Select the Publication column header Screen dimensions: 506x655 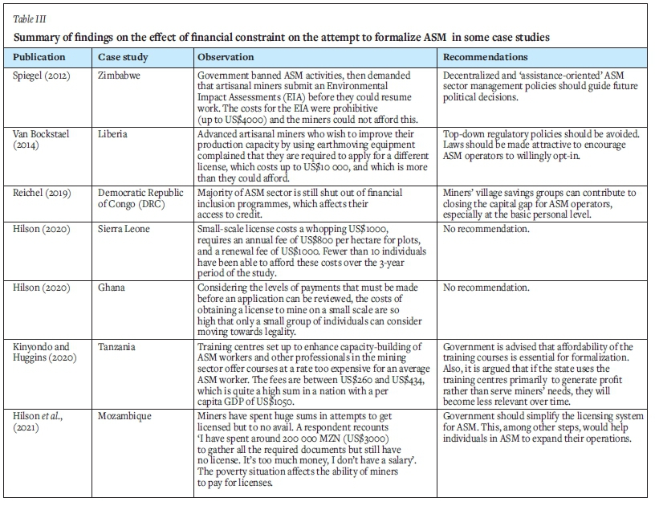coord(39,58)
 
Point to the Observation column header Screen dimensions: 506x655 coord(226,58)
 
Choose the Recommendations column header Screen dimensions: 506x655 coord(486,58)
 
